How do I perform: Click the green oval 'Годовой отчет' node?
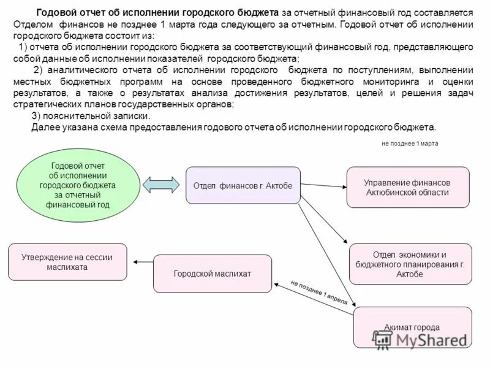tap(78, 185)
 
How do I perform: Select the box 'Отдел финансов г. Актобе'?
tap(243, 185)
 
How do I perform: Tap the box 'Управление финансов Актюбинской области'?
tap(407, 187)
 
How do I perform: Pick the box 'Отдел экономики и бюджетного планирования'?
tap(410, 264)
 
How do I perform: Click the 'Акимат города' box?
tap(412, 328)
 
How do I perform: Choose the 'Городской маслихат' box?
tap(212, 274)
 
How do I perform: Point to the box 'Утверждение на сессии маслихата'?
tap(67, 262)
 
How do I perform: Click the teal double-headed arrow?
tap(161, 184)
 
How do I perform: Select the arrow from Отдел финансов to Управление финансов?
tap(323, 185)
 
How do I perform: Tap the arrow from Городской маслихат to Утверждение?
tap(143, 263)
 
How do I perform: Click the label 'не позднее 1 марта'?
tap(410, 143)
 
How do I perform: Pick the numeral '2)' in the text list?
tap(39, 70)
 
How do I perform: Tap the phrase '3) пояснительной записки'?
tap(90, 116)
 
